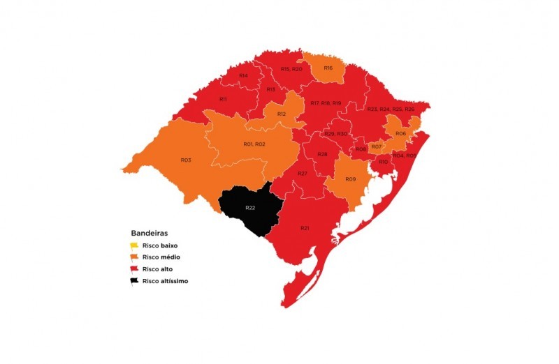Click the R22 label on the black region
(249, 208)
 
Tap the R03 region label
(186, 160)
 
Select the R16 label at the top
(328, 68)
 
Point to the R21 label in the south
(305, 228)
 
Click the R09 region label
(351, 179)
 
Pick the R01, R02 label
(254, 144)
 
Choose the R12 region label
(282, 114)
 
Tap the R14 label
(243, 75)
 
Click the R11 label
(223, 99)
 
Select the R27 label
(303, 173)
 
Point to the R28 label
(322, 154)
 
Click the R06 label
(400, 133)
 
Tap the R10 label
(383, 162)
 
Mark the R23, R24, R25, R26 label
(391, 109)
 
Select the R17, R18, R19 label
(326, 103)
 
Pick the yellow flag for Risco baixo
(134, 246)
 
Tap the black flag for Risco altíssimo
(134, 282)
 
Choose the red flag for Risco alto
(134, 270)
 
